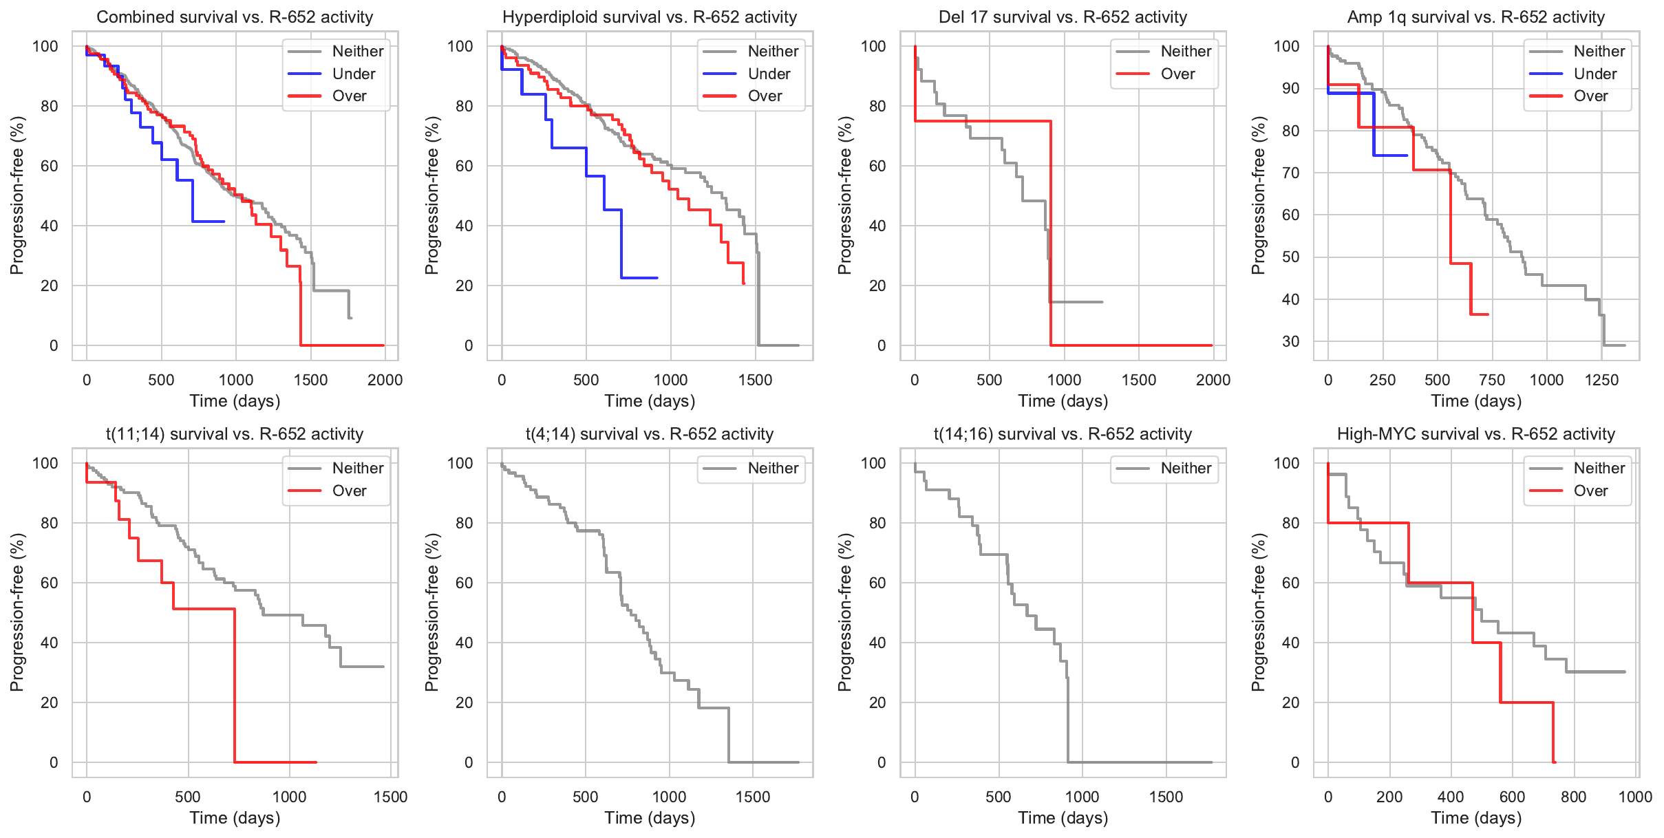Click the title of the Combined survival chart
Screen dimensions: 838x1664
(x=235, y=17)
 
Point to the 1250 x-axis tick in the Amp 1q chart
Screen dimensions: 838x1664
(x=1601, y=380)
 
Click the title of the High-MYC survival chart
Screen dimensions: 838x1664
(x=1475, y=434)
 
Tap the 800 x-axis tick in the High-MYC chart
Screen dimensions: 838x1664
(x=1574, y=797)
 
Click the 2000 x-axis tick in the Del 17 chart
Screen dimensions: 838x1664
(x=1213, y=380)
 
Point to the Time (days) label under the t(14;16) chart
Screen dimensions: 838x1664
(x=1063, y=818)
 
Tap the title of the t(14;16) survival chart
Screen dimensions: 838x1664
(x=1063, y=434)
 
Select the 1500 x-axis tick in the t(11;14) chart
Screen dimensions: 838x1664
(x=390, y=797)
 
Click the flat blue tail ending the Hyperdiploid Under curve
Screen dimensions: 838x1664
(x=639, y=278)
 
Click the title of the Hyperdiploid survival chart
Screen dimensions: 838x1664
(x=650, y=17)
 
